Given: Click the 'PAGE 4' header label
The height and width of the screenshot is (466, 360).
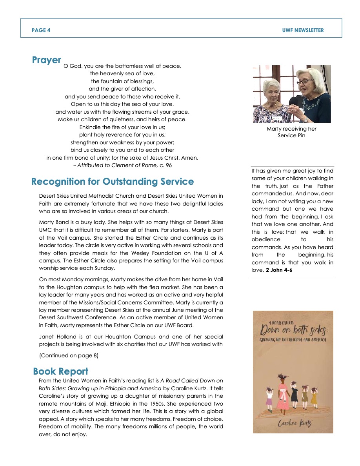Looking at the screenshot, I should click(x=41, y=30).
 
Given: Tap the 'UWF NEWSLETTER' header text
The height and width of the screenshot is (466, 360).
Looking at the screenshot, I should click(x=303, y=30).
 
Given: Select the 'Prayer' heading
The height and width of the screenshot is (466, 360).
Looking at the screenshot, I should click(x=47, y=60).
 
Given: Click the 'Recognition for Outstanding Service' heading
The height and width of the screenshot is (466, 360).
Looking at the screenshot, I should click(x=113, y=182).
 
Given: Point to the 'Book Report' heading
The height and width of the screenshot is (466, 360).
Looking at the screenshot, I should click(x=61, y=371).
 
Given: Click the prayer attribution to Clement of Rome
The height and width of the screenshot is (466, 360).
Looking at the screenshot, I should click(x=122, y=165).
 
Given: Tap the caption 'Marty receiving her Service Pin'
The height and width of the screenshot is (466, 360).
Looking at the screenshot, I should click(x=291, y=132).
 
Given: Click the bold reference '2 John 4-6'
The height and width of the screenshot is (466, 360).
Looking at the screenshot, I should click(x=279, y=270).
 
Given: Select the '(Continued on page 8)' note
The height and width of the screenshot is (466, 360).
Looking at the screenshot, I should click(x=69, y=356).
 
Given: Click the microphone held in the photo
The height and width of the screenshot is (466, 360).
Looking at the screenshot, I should click(x=293, y=102).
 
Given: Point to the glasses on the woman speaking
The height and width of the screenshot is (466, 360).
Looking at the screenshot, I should click(x=304, y=82).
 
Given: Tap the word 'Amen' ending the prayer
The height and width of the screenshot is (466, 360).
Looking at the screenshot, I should click(x=190, y=158).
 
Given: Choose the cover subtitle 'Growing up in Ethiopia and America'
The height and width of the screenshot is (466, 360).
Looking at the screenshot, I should click(x=293, y=340).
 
